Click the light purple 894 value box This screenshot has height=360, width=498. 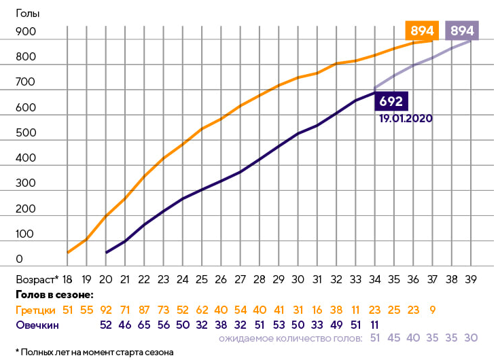tap(462, 31)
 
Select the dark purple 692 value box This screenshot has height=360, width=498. tap(391, 101)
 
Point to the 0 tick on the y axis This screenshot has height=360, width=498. tap(19, 259)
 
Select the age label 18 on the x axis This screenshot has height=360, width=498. tap(67, 279)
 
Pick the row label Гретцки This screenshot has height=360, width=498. tap(34, 310)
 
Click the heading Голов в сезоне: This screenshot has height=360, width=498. tap(54, 295)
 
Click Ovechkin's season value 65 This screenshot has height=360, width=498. tap(144, 325)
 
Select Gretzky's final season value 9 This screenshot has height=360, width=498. tap(433, 310)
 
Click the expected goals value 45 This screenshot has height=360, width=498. tap(394, 338)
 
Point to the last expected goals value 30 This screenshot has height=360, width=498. tap(471, 338)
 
